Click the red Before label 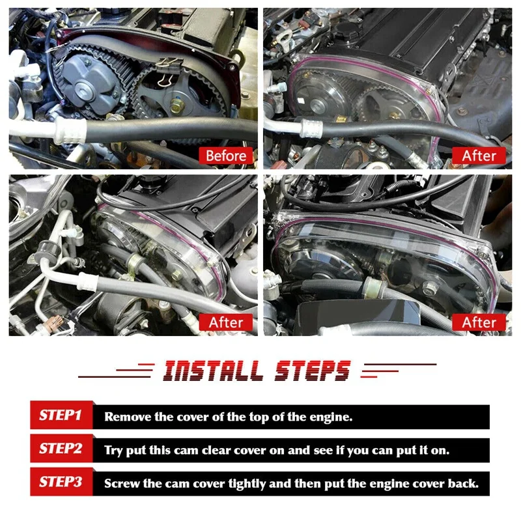(x=226, y=156)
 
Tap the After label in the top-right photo (x=479, y=156)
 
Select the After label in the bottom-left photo (x=226, y=322)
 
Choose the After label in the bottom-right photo (x=479, y=322)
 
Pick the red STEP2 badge (x=60, y=449)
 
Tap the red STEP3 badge (x=60, y=483)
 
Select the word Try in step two (x=115, y=450)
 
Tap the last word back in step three (x=465, y=484)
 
